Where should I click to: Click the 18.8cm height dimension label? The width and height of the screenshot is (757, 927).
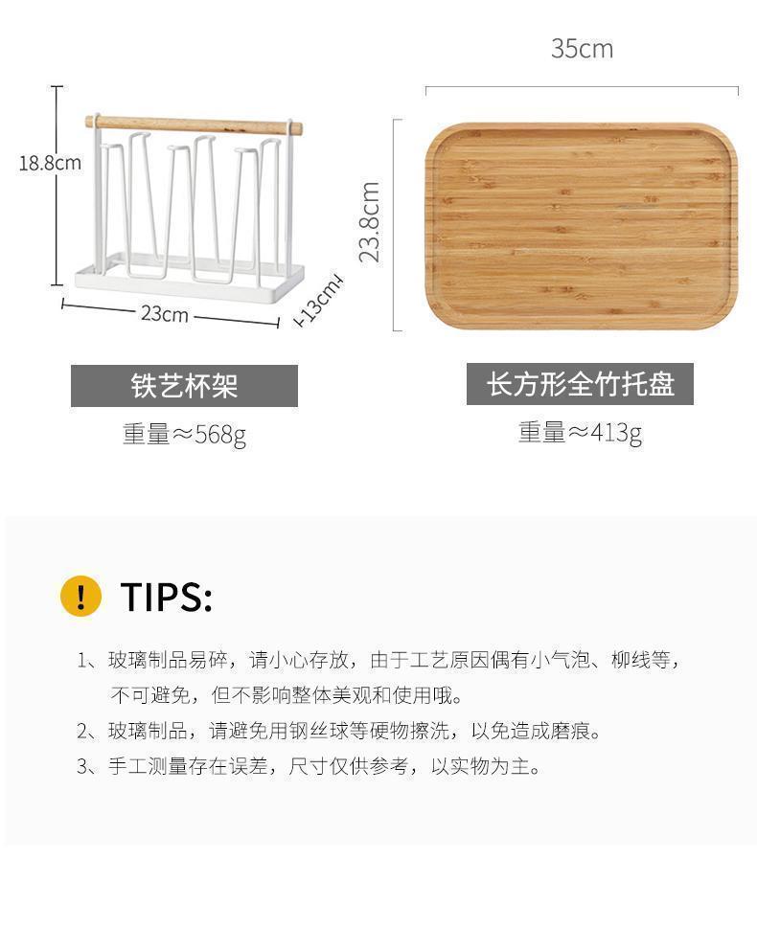50,163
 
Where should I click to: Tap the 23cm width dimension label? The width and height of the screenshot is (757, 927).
165,313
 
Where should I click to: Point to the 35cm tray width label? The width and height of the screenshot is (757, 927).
582,49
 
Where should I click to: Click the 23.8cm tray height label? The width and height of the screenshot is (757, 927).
370,222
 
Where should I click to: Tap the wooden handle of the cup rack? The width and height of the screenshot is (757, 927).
194,124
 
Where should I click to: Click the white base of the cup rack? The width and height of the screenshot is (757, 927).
190,283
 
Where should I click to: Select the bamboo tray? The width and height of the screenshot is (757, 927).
582,225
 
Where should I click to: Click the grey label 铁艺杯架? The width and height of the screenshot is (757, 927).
184,386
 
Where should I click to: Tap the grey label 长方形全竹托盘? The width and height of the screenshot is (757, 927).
580,384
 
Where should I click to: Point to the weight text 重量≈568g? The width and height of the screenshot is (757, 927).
184,435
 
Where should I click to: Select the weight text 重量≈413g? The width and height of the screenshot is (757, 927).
580,433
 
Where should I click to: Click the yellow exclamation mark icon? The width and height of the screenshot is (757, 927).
81,596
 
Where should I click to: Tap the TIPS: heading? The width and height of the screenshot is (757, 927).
166,597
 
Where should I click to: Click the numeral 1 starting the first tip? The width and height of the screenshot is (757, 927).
82,661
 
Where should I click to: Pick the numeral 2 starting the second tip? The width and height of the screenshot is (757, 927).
82,732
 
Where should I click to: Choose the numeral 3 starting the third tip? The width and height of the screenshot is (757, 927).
82,767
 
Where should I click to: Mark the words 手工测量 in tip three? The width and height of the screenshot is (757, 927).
148,767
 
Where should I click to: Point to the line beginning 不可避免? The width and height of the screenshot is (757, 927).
287,695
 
